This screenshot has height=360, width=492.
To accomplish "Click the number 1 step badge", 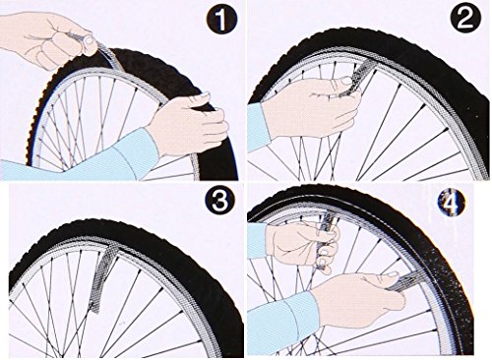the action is (x=222, y=21).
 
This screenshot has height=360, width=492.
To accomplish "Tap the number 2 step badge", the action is (x=465, y=19).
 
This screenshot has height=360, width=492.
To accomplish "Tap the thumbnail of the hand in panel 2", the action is (x=345, y=80).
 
